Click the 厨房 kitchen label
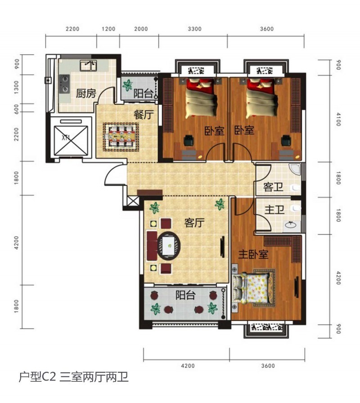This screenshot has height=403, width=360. tap(86, 94)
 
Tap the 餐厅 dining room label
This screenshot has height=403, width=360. tap(143, 114)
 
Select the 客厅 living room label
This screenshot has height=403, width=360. tap(194, 223)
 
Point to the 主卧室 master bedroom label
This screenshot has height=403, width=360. tap(253, 255)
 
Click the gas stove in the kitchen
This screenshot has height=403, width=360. tap(65, 83)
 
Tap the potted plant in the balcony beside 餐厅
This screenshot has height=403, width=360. tap(128, 85)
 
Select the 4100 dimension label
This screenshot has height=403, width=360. tap(338, 120)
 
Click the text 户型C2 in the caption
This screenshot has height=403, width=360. tap(37, 377)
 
